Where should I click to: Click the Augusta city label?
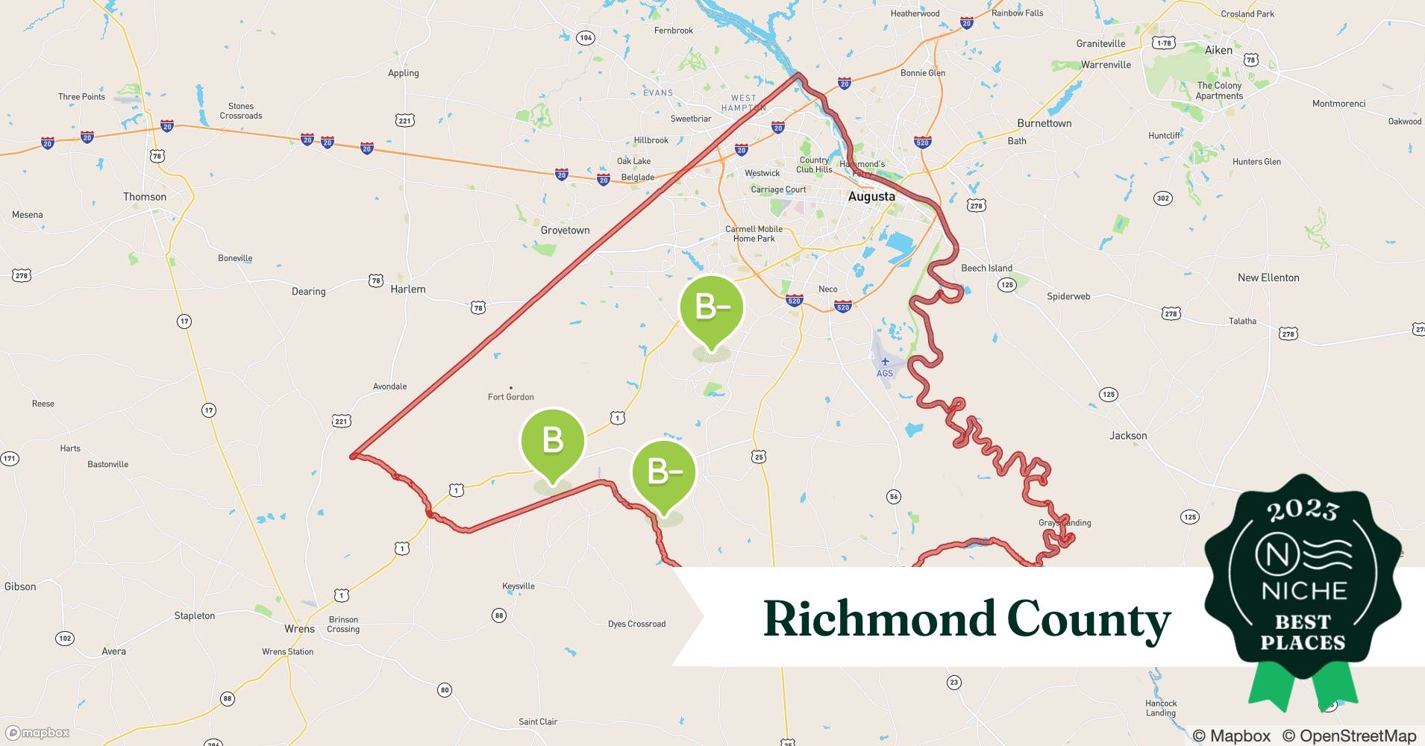click(x=871, y=197)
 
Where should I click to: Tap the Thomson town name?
click(x=145, y=197)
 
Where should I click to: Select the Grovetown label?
click(x=565, y=231)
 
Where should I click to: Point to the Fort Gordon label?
click(x=511, y=397)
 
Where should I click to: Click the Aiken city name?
click(x=1218, y=50)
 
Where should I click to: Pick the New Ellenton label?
click(x=1268, y=278)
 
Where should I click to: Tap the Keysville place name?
click(x=519, y=586)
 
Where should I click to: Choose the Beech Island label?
click(x=986, y=269)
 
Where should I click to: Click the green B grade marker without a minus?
click(x=552, y=440)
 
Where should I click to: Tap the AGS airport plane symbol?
click(x=885, y=362)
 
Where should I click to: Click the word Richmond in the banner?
click(x=877, y=619)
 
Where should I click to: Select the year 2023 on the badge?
click(x=1303, y=510)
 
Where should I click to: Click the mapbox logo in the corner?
click(x=38, y=733)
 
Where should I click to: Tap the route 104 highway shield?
click(x=586, y=38)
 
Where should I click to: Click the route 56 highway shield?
click(x=894, y=497)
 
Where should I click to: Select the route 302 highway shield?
click(x=1162, y=198)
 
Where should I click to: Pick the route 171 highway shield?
click(x=9, y=459)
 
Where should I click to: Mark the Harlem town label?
click(x=408, y=289)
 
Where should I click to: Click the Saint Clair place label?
click(x=538, y=721)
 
